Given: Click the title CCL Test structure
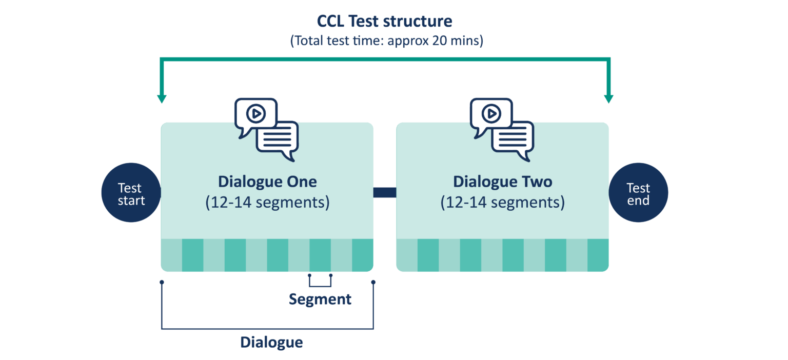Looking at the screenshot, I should click(385, 22).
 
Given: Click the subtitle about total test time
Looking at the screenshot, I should click(386, 41).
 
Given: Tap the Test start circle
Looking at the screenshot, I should click(131, 194).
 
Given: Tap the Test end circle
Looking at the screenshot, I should click(638, 194).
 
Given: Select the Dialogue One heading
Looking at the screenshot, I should click(267, 182).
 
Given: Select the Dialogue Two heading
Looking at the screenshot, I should click(502, 182).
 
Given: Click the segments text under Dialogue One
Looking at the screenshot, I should click(267, 203).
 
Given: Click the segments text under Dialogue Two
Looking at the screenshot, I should click(502, 203).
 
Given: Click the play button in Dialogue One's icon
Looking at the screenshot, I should click(255, 113).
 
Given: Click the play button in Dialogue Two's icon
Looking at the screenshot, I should click(491, 113).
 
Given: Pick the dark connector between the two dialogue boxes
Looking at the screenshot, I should click(385, 192).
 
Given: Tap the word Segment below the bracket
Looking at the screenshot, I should click(320, 299).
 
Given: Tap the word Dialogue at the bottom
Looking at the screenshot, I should click(271, 342).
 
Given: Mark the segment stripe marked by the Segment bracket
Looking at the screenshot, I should click(320, 255).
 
